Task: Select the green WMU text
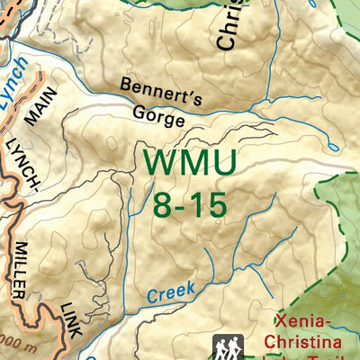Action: pos(190,164)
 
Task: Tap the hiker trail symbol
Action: pos(227,346)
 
